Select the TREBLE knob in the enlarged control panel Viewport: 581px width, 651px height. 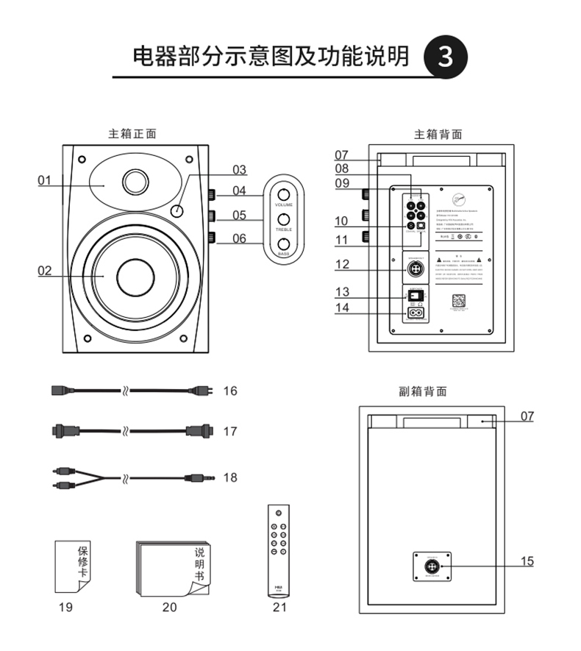tap(283, 219)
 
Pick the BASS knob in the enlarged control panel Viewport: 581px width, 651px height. tap(283, 243)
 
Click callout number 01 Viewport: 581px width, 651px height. tap(45, 179)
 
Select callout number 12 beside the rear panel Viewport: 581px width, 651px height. tap(342, 264)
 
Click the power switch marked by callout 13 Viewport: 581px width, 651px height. tap(417, 295)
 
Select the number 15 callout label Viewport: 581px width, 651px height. tap(527, 561)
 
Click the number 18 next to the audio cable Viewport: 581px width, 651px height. tap(230, 477)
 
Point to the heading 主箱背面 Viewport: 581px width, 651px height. tap(438, 135)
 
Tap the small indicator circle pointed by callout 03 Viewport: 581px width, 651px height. tap(177, 212)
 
